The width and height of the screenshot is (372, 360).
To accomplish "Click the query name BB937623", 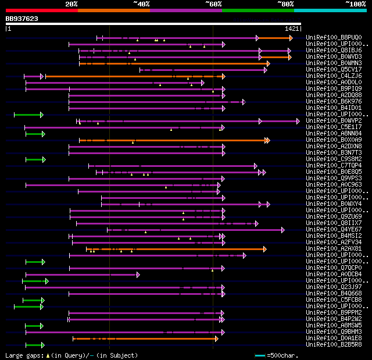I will point(22,19).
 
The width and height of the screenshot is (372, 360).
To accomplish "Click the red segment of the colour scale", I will point(41,10).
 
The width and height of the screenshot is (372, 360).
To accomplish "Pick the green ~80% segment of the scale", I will point(257,10).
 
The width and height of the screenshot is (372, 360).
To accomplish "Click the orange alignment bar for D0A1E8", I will point(145,338).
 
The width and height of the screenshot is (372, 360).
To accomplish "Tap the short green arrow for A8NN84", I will point(35,134).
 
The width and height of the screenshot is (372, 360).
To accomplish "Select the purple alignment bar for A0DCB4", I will point(81,275).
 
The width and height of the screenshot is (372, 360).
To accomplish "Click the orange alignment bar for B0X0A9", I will point(174,140).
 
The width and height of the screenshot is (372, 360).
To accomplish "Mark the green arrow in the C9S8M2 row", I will point(35,159).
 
